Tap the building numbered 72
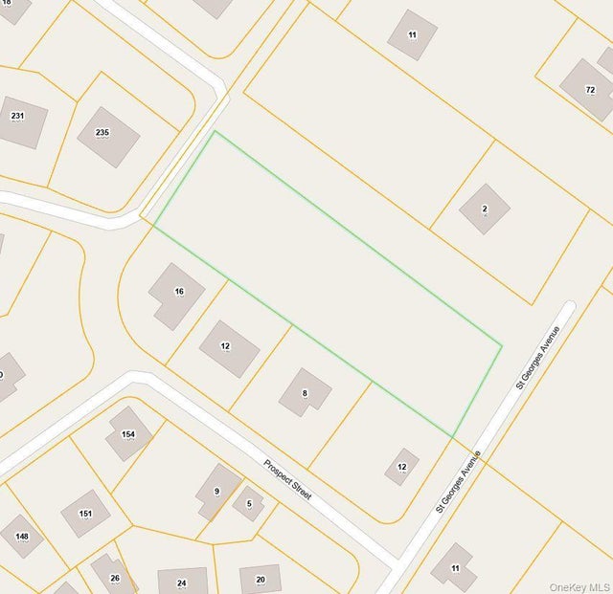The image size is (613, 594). (x=587, y=89)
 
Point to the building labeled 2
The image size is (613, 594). (x=485, y=209)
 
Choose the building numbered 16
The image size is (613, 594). (x=176, y=295)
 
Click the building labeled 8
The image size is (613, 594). (x=305, y=392)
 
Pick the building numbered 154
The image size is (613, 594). (x=129, y=433)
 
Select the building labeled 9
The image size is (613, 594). (x=218, y=492)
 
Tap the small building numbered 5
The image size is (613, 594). (x=248, y=503)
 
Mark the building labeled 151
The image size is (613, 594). (x=85, y=514)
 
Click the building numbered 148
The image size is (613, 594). (x=21, y=536)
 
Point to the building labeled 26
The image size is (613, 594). (x=114, y=576)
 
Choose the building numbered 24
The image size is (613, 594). (x=182, y=581)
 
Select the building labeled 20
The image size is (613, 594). (x=261, y=579)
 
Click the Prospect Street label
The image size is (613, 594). (x=287, y=479)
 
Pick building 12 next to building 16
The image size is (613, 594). (x=229, y=348)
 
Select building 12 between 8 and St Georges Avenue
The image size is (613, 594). (x=402, y=467)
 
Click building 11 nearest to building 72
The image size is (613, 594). (x=413, y=34)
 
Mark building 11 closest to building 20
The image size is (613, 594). (x=453, y=567)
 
